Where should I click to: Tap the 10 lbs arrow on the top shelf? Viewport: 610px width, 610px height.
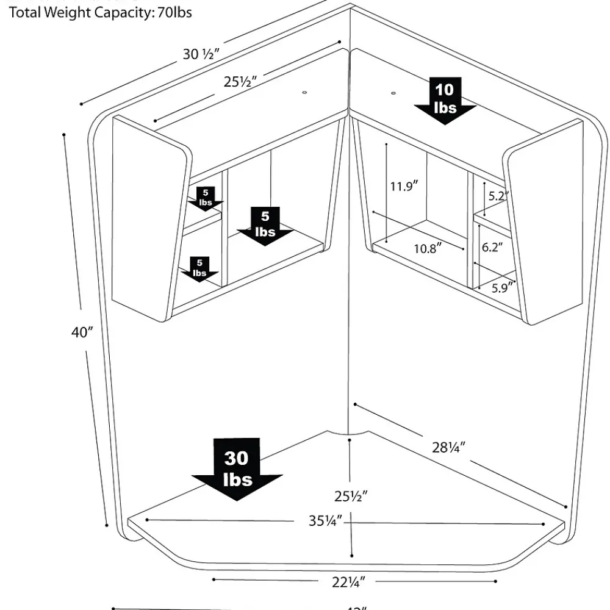tap(445, 100)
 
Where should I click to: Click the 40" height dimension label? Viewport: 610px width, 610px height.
tap(82, 332)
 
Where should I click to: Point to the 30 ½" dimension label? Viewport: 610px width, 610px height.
tap(201, 54)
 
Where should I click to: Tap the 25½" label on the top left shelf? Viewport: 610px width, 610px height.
tap(239, 81)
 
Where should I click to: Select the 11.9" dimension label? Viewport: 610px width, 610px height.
tap(403, 187)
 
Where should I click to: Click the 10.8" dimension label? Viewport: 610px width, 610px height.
tap(428, 248)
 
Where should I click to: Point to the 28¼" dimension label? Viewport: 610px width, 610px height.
tap(449, 447)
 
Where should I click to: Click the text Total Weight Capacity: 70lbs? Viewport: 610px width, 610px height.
tap(101, 12)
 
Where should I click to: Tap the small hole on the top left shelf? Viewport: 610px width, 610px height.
tap(304, 92)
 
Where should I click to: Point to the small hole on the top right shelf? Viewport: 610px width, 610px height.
tap(392, 93)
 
